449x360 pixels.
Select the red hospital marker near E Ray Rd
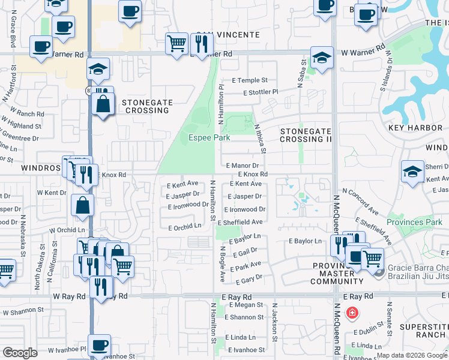tap(352, 313)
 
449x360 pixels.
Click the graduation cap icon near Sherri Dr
tap(412, 172)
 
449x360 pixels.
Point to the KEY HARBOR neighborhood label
tap(415, 128)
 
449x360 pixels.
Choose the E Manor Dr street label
tap(243, 165)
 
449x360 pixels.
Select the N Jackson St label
tap(275, 321)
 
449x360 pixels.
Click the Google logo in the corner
tap(20, 353)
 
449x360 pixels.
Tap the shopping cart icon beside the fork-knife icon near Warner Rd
tap(177, 43)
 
